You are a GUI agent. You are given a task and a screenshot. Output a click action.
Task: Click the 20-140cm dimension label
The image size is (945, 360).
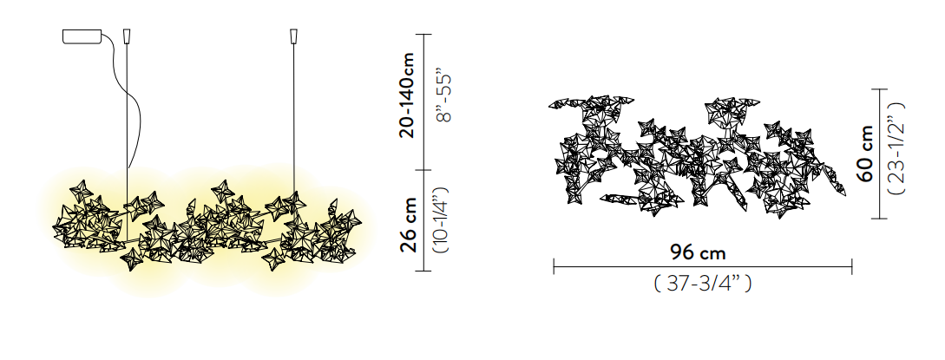pos(407,95)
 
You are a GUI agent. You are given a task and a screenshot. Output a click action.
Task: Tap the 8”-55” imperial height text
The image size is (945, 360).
pos(443,99)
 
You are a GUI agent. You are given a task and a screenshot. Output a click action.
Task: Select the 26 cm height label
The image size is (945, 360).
pos(408,225)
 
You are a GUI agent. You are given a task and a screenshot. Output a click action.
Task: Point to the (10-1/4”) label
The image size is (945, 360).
pos(442,219)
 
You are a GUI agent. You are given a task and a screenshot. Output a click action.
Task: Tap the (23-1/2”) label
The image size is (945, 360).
pos(896,148)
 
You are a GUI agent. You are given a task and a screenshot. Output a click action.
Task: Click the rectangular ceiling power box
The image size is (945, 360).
pos(82,36)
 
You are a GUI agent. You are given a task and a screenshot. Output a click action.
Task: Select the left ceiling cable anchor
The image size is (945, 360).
pos(127,36)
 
